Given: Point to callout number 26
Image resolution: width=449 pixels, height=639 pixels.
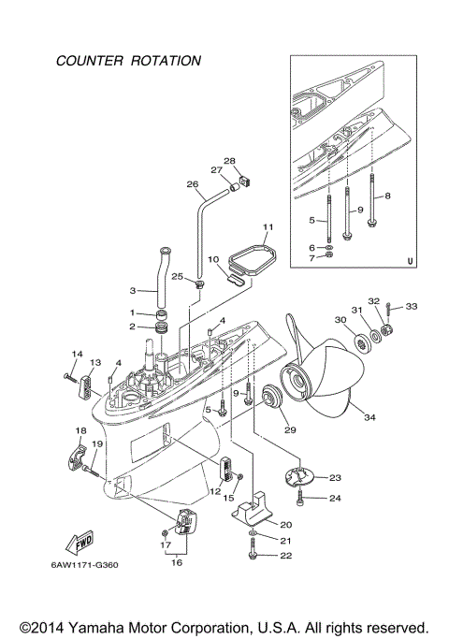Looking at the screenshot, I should [194, 184].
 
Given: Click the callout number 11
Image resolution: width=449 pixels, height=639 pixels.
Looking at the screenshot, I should [268, 227].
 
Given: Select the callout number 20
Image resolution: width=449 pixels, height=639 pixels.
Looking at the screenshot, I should [286, 525].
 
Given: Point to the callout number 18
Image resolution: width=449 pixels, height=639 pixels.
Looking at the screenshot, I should [80, 429].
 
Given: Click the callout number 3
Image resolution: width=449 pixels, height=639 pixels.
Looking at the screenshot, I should [133, 291].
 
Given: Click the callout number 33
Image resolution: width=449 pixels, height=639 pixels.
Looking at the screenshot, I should [413, 308].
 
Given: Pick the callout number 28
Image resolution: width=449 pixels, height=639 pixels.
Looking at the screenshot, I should [229, 160].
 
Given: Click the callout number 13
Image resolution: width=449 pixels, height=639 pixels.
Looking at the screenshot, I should [94, 363].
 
